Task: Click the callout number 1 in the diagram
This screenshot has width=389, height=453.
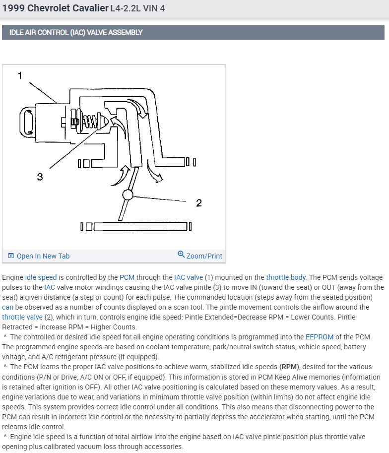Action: tap(20, 76)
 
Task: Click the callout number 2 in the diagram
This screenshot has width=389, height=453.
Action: tap(199, 202)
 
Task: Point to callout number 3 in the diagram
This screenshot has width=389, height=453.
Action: tap(40, 176)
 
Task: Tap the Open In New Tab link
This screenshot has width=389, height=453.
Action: tap(43, 256)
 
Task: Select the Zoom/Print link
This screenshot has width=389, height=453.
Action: tap(204, 256)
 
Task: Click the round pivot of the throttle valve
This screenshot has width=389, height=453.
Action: tap(128, 194)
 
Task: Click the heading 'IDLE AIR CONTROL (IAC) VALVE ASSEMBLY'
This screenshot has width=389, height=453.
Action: tap(76, 32)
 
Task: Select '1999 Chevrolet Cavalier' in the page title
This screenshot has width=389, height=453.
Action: tap(55, 8)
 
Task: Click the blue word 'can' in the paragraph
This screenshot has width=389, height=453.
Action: tap(7, 307)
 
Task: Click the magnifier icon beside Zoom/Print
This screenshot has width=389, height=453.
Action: tap(181, 255)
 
